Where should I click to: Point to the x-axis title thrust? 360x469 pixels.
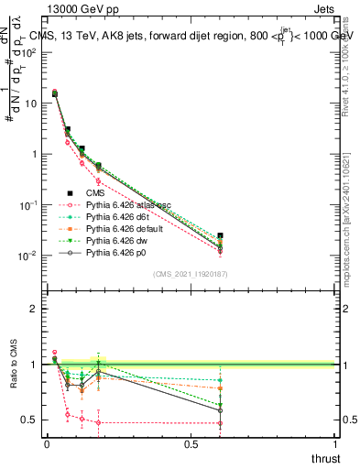pyautogui.click(x=325, y=458)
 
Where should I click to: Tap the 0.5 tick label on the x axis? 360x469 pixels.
pyautogui.click(x=191, y=444)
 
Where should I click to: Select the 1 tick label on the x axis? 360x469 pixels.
pyautogui.click(x=335, y=444)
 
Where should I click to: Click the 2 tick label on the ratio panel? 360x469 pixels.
pyautogui.click(x=34, y=310)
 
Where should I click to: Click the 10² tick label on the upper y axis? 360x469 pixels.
pyautogui.click(x=33, y=52)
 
